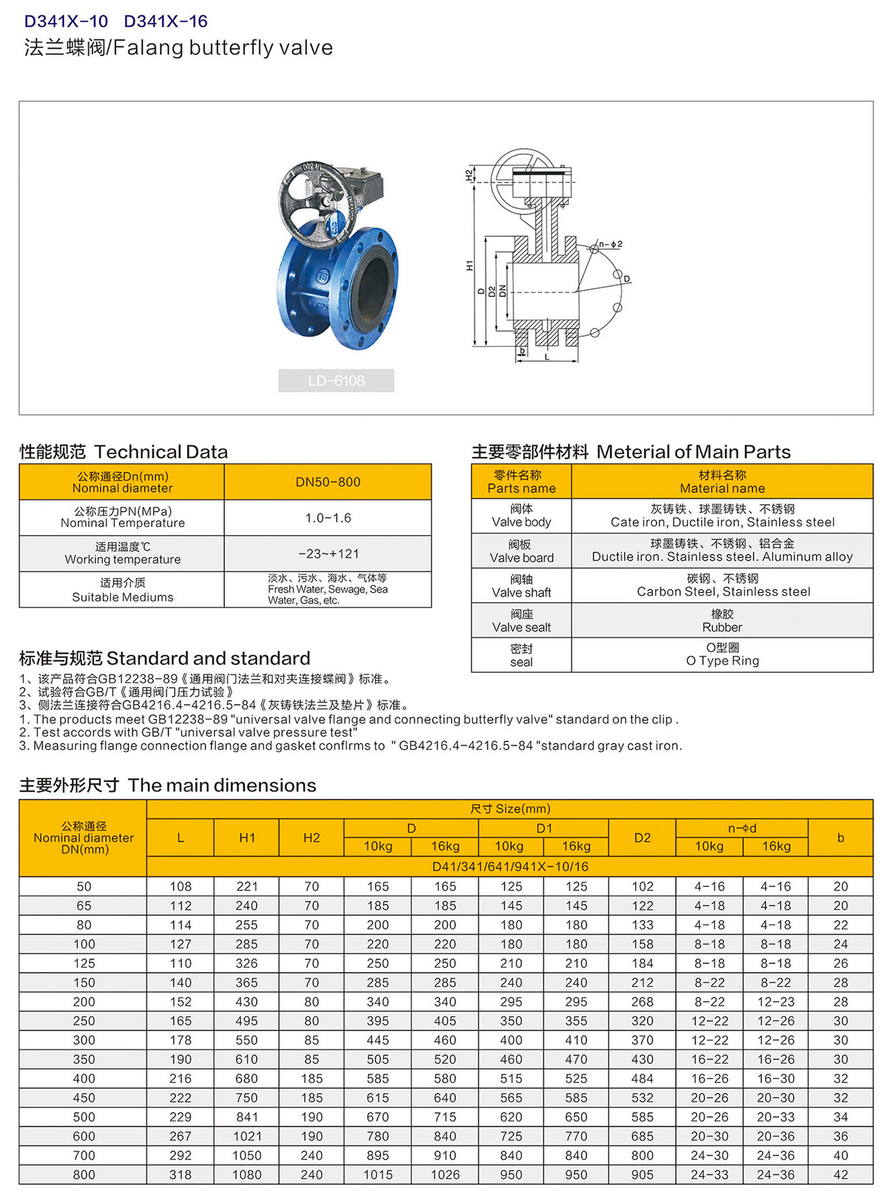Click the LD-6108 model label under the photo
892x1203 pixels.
click(336, 381)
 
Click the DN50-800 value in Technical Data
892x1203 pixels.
click(327, 482)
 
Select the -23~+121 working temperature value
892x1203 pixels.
click(327, 554)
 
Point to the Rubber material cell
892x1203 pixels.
click(722, 621)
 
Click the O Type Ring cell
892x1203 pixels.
click(722, 655)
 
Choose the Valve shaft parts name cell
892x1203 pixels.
click(521, 586)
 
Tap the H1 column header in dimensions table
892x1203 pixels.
click(246, 837)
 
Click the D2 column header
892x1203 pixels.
click(642, 837)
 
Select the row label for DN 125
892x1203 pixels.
click(84, 963)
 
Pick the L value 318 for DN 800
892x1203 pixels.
click(180, 1175)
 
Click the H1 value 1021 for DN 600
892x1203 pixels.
click(246, 1136)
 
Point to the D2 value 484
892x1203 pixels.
click(642, 1079)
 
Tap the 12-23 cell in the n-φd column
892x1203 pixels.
click(776, 1002)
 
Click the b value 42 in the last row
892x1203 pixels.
click(840, 1175)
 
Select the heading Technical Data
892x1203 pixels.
click(161, 452)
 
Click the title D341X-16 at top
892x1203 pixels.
click(166, 22)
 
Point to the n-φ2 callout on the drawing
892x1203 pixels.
click(610, 245)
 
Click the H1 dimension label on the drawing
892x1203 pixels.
click(470, 266)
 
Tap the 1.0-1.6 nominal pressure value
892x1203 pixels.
click(327, 518)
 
